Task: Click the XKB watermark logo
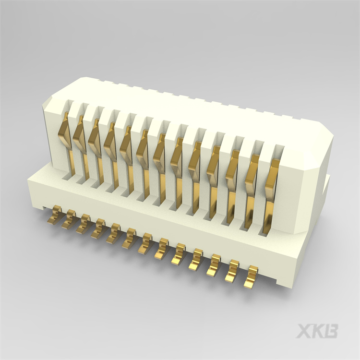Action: click(317, 331)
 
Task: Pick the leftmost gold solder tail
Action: click(55, 215)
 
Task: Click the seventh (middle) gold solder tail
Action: click(145, 244)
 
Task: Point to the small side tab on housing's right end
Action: click(327, 183)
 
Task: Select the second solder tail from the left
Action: click(70, 219)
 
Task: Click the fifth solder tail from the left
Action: click(114, 234)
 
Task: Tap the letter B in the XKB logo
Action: click(331, 331)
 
